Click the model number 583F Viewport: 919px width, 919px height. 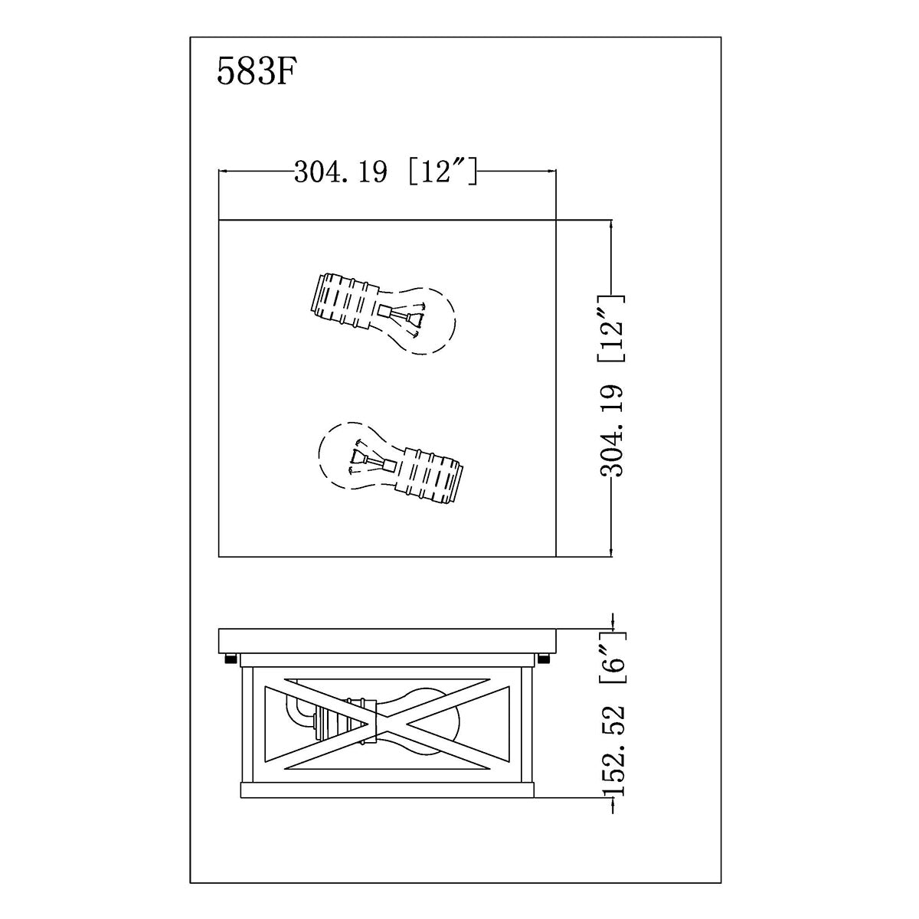point(253,72)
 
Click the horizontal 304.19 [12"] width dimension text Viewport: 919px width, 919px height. point(385,172)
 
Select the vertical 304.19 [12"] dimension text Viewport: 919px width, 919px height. point(611,386)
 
